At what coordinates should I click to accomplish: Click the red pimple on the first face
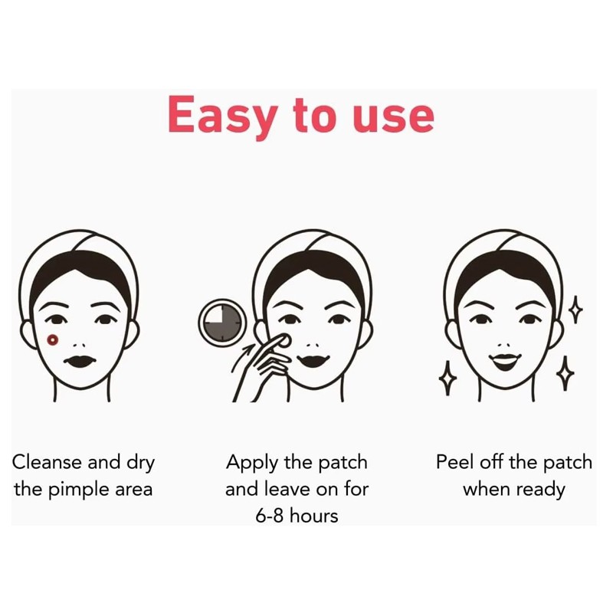click(52, 339)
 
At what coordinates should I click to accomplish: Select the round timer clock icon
click(222, 322)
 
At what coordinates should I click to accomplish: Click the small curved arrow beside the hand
click(247, 352)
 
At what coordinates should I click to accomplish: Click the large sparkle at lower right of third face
click(565, 375)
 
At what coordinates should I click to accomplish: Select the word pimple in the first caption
click(77, 489)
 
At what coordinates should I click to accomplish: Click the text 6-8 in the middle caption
click(271, 516)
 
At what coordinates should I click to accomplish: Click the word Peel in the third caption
click(454, 463)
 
